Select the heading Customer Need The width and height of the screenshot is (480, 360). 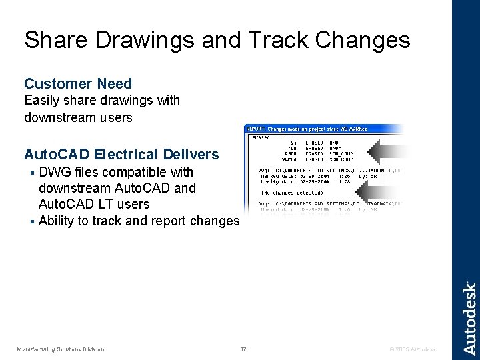[x=78, y=84]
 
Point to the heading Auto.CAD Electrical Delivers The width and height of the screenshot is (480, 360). [x=121, y=155]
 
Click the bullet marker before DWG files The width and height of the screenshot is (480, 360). [x=33, y=173]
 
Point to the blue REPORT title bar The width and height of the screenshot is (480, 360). [x=323, y=129]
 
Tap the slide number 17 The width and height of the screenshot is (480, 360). [x=243, y=349]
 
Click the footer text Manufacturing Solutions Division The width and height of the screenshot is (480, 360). [x=61, y=349]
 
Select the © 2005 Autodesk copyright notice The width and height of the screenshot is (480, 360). [x=413, y=349]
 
